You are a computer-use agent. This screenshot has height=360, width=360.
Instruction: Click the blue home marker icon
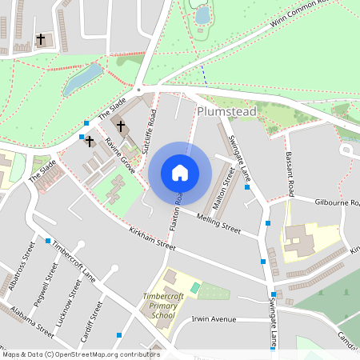[180, 173]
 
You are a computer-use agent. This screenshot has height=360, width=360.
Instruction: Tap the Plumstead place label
[226, 112]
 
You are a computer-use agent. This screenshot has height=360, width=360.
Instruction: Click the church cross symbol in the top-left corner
[41, 38]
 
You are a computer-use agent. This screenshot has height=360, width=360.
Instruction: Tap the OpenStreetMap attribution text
[80, 354]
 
